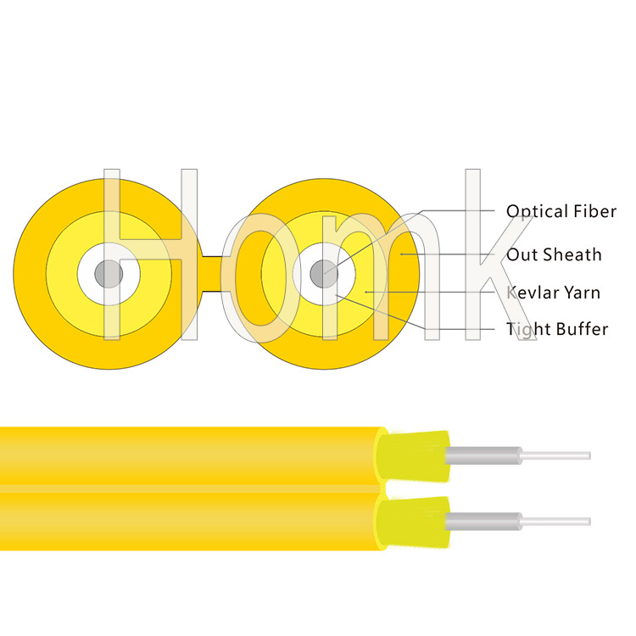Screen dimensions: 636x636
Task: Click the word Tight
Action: click(528, 330)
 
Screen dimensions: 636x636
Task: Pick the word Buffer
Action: click(583, 329)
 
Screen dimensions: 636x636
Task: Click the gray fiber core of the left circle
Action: click(109, 274)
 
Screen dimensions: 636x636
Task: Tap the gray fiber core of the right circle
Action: click(324, 274)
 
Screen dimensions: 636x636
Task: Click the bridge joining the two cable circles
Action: click(212, 274)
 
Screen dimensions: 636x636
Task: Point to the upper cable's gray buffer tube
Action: click(483, 455)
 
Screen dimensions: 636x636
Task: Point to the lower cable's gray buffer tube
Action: click(483, 522)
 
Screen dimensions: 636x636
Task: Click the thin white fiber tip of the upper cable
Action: click(555, 455)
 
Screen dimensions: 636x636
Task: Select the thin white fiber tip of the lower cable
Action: click(555, 522)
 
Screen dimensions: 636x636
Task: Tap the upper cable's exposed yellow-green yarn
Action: click(414, 456)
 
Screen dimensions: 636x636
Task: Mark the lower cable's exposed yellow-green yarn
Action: click(414, 522)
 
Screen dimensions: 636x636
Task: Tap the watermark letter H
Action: click(150, 254)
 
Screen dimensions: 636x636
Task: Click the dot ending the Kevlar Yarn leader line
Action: click(365, 292)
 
